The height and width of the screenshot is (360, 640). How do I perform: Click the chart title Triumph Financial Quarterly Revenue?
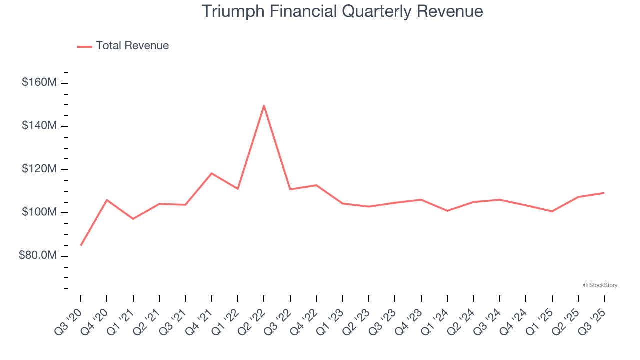click(x=342, y=11)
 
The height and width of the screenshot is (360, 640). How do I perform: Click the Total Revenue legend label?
click(x=132, y=46)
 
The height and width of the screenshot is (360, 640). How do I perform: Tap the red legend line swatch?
click(x=85, y=46)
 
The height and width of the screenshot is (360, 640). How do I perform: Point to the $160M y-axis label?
click(x=39, y=82)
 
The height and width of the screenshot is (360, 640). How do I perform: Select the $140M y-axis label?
click(x=39, y=126)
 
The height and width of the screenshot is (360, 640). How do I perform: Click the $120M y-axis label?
click(x=39, y=169)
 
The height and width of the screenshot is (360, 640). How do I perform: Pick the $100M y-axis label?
click(x=39, y=213)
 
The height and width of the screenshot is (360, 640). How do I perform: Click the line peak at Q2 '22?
click(x=264, y=105)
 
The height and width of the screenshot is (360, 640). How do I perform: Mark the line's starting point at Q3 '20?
click(x=81, y=245)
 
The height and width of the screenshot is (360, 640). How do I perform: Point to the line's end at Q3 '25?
click(x=604, y=193)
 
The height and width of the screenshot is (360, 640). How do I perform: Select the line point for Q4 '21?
click(x=212, y=173)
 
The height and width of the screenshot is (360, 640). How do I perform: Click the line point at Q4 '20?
click(x=107, y=200)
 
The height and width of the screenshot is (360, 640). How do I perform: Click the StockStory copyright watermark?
click(x=600, y=285)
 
